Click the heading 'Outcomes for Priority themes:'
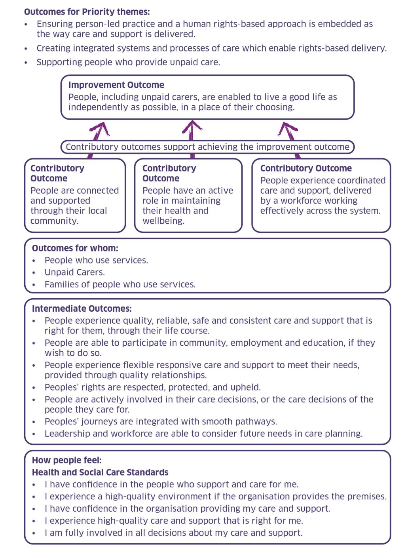[x=87, y=12]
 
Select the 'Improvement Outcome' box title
[x=116, y=85]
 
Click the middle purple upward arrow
[x=192, y=130]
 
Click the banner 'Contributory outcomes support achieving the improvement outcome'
[x=207, y=147]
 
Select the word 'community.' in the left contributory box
[x=54, y=221]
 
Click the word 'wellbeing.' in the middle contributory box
[x=163, y=221]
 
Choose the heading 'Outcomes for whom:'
[x=75, y=248]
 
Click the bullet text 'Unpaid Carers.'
[x=74, y=272]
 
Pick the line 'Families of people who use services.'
[x=120, y=284]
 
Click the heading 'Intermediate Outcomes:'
[x=82, y=308]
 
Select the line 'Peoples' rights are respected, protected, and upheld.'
[x=152, y=387]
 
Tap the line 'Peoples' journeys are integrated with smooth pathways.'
[x=161, y=421]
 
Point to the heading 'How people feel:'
[x=66, y=460]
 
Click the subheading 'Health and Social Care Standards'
[x=100, y=472]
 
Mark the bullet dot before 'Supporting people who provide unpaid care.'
[x=26, y=63]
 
